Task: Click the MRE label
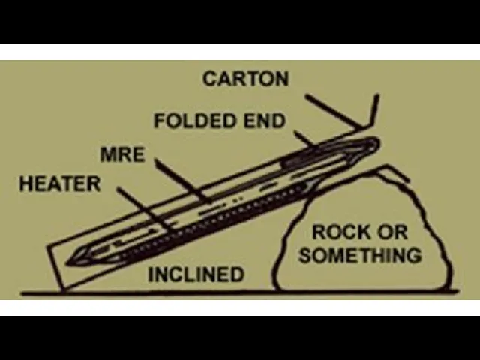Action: point(121,155)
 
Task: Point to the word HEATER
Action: point(59,184)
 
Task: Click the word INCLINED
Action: point(196,274)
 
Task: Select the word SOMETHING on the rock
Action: point(360,255)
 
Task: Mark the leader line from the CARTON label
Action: point(333,109)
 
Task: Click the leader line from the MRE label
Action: point(180,180)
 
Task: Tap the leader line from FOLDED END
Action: point(303,137)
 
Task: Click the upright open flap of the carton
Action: point(373,109)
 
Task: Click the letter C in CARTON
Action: point(209,78)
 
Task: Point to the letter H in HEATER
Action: point(25,184)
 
